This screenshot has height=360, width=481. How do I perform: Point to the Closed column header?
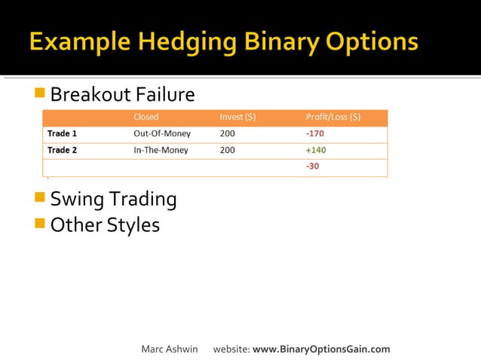(x=146, y=117)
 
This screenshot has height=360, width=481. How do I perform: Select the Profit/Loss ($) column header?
(x=332, y=117)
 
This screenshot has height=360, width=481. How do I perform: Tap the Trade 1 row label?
(x=63, y=134)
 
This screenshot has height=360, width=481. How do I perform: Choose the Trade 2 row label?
(x=63, y=150)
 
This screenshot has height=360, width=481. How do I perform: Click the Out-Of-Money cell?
(x=162, y=134)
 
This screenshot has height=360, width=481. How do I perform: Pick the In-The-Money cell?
(x=161, y=150)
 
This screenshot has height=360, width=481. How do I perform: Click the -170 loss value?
(x=315, y=134)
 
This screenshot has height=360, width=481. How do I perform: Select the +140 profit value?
(x=316, y=150)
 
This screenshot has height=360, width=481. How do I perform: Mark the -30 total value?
(x=312, y=166)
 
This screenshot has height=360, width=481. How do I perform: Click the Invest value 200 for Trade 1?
(x=227, y=134)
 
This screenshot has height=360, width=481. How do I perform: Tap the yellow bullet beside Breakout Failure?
(x=40, y=93)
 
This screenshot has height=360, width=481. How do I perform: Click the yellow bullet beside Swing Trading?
(x=40, y=197)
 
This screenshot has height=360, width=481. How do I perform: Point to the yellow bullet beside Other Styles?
(x=40, y=223)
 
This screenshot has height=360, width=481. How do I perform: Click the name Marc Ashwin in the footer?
(x=169, y=349)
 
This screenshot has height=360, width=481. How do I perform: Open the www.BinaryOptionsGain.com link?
(x=321, y=349)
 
